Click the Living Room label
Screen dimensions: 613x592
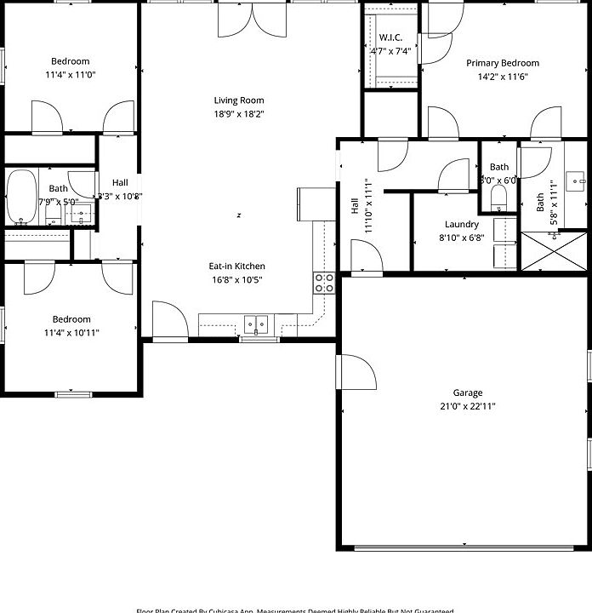[232, 100]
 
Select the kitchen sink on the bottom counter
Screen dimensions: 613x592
[256, 324]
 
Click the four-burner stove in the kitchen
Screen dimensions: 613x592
[324, 284]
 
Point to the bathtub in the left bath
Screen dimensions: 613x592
[22, 197]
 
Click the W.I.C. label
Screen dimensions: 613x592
[390, 37]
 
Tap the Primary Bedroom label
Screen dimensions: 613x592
[502, 63]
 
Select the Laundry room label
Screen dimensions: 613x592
[462, 225]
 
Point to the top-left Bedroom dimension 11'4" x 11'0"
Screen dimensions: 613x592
[70, 75]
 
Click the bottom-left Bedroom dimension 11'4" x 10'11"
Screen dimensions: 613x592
[71, 333]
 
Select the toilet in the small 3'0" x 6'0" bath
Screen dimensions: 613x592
[499, 198]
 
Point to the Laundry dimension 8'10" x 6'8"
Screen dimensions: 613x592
[463, 238]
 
